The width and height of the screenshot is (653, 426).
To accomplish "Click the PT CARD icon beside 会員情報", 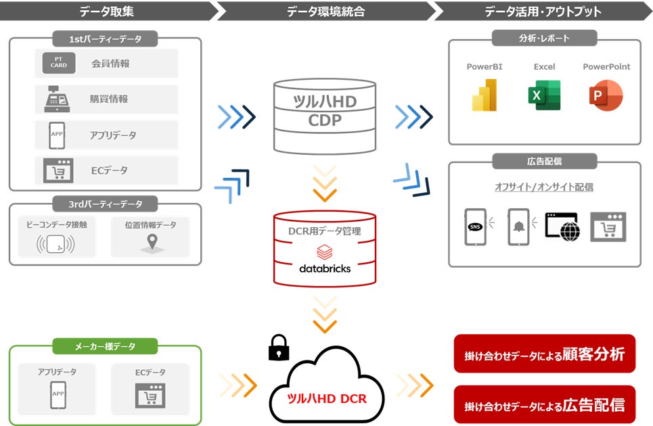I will click(x=59, y=63).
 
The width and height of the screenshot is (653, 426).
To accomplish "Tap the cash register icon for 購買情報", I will click(x=58, y=99).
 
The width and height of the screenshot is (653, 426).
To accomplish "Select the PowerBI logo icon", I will click(x=485, y=95).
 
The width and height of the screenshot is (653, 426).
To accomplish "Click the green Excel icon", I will click(x=544, y=95).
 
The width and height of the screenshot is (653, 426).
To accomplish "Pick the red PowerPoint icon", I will click(x=606, y=95).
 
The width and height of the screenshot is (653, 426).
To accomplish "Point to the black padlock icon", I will click(x=278, y=348).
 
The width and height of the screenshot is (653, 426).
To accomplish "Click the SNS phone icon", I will click(x=475, y=227).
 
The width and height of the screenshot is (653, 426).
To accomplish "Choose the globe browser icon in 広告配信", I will click(x=562, y=226).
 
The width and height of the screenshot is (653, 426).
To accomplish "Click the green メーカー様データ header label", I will click(x=105, y=346).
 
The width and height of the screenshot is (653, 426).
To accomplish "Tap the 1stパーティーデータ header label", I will click(x=105, y=39).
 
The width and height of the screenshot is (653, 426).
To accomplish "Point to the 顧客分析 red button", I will click(x=544, y=354).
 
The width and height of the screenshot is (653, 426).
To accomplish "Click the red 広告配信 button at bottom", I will click(x=544, y=404).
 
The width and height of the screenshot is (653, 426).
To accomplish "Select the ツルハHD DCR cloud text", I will click(x=328, y=398).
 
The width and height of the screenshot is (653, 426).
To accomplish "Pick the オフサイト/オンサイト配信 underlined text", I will click(x=544, y=187).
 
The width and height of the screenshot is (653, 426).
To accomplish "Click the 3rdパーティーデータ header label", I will click(x=105, y=204).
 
